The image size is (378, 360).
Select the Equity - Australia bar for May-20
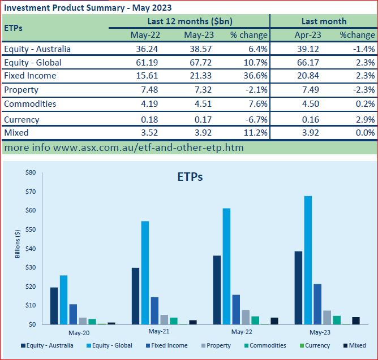pos(54,306)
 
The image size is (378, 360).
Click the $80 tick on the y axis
pos(31,172)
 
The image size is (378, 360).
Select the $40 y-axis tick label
pos(31,249)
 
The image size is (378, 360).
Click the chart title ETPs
pos(187,176)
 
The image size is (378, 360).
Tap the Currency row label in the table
pos(22,119)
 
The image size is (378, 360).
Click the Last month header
pos(324,21)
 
